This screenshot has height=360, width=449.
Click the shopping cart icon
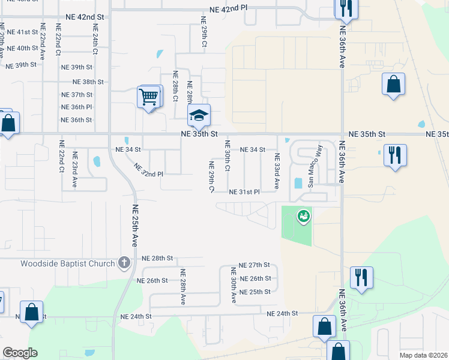pyautogui.click(x=149, y=96)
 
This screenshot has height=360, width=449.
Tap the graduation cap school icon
pyautogui.click(x=199, y=116)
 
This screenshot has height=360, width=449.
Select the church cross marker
pyautogui.click(x=124, y=262)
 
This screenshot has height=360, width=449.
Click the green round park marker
pyautogui.click(x=304, y=215)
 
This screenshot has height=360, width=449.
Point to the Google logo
pyautogui.click(x=20, y=353)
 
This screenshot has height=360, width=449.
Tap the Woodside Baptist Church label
pyautogui.click(x=67, y=263)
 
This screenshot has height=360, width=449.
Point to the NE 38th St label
pyautogui.click(x=88, y=82)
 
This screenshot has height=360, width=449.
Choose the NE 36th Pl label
pyautogui.click(x=77, y=107)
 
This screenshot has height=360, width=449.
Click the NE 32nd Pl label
pyautogui.click(x=148, y=170)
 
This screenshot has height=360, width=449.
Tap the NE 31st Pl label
pyautogui.click(x=244, y=192)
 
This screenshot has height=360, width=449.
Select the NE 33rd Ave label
pyautogui.click(x=277, y=171)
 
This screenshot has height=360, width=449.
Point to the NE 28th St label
pyautogui.click(x=157, y=258)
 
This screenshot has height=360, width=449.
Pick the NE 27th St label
pyautogui.click(x=255, y=265)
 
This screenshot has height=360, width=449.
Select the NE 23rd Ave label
pyautogui.click(x=75, y=172)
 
